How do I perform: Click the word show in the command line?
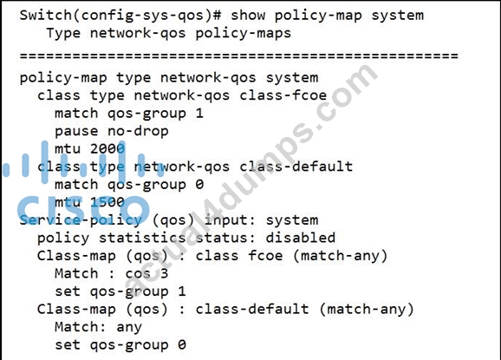(x=248, y=15)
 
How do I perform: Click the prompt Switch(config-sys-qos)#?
(x=120, y=16)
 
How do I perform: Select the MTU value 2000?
(x=107, y=148)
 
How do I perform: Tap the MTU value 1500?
(x=107, y=202)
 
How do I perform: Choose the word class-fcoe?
(x=283, y=95)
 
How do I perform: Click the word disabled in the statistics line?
(x=301, y=238)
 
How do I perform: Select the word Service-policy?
(x=81, y=220)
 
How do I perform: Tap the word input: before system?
(x=230, y=220)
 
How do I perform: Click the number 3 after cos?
(x=164, y=273)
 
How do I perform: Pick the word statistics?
(x=142, y=238)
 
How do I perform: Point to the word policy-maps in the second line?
(x=244, y=34)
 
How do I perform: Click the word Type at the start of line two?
(x=63, y=33)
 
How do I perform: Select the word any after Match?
(x=129, y=327)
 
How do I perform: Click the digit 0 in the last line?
(x=182, y=344)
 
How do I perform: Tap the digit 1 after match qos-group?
(x=199, y=113)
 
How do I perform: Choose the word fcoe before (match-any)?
(x=265, y=255)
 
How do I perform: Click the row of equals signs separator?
(x=239, y=56)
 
